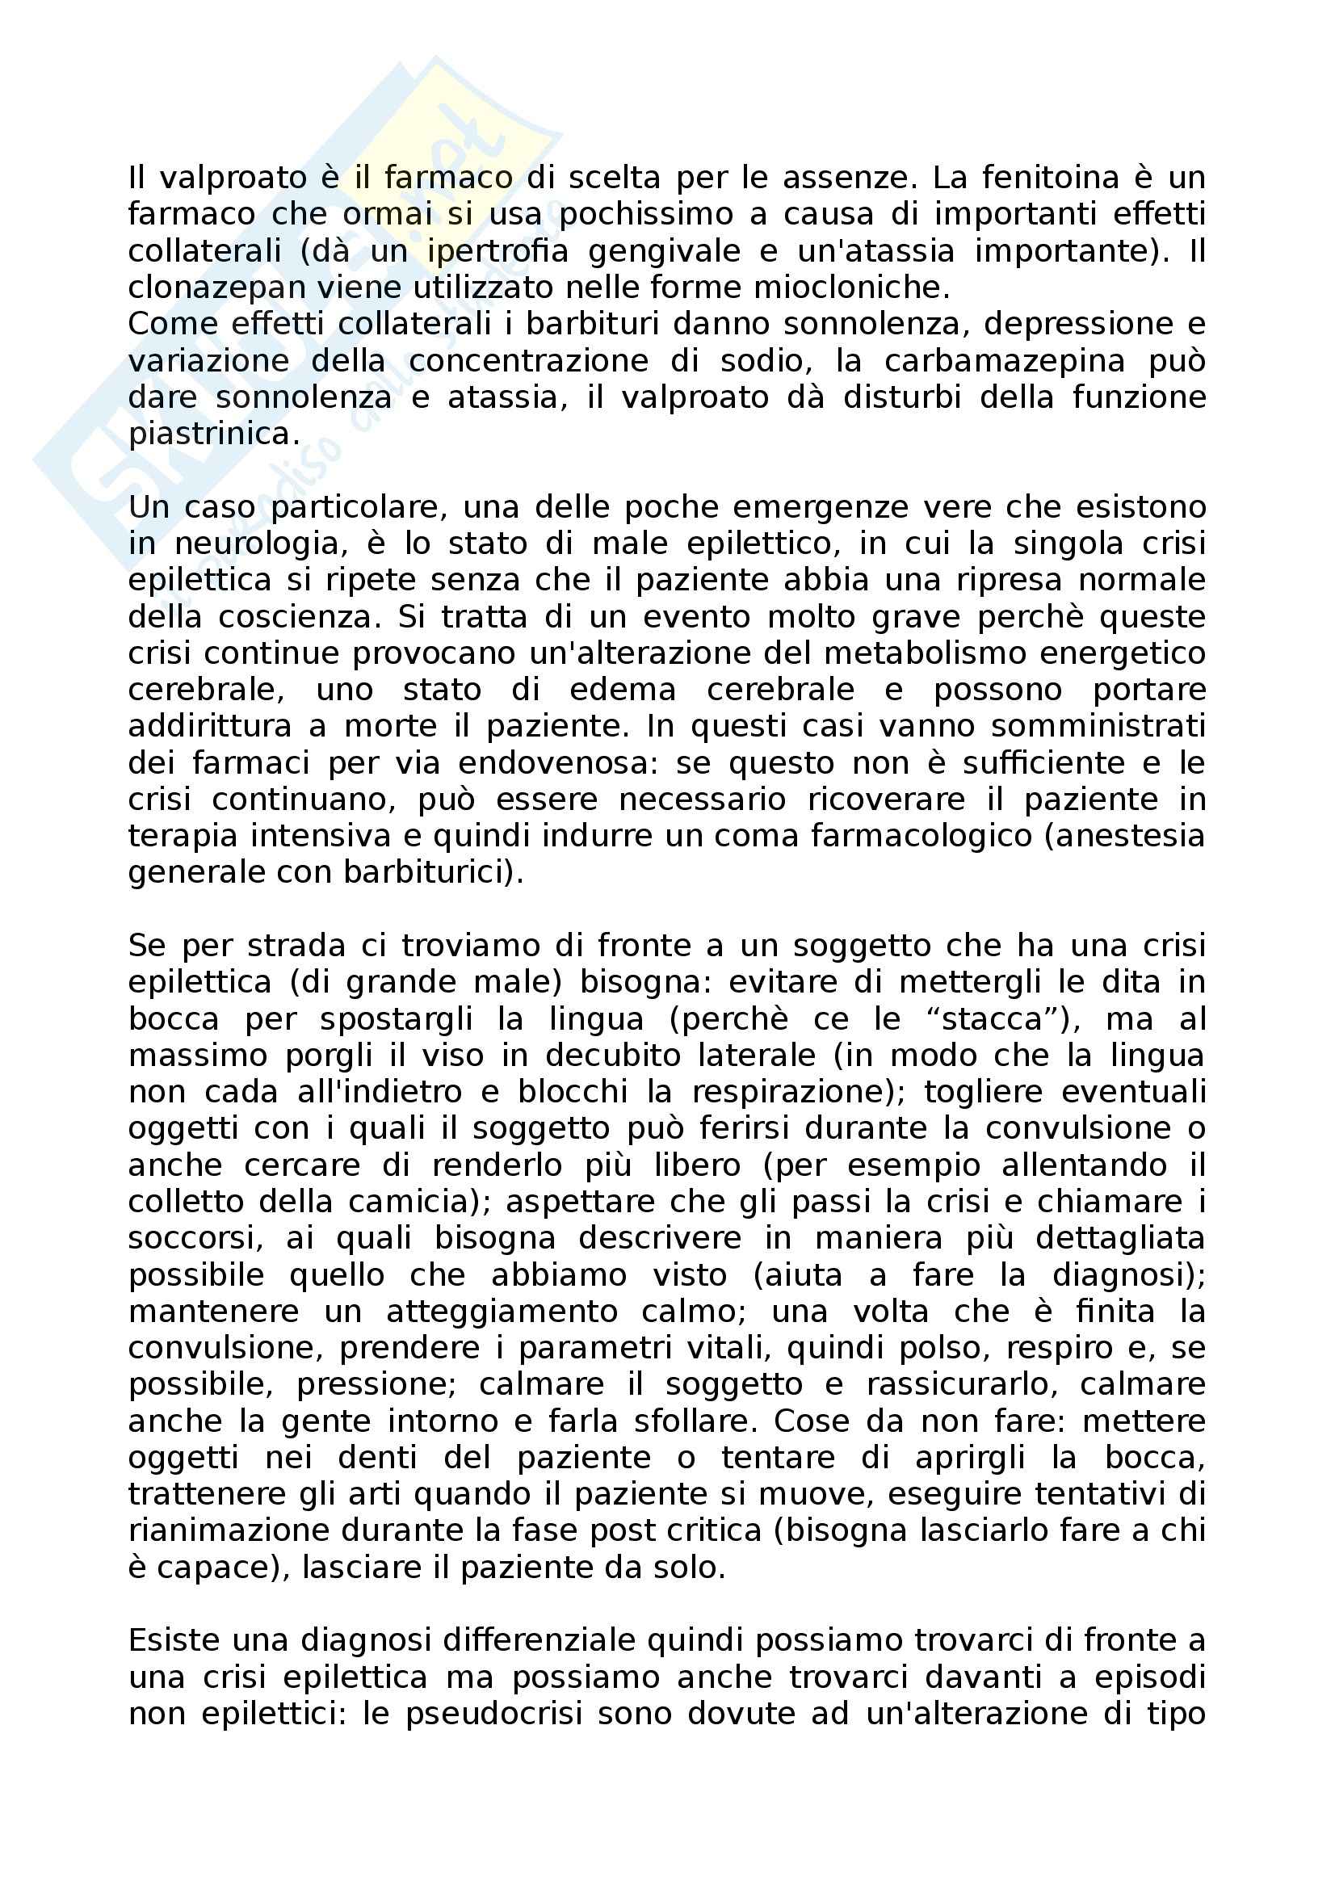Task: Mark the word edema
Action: [x=622, y=691]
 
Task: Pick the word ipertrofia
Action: [x=497, y=251]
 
